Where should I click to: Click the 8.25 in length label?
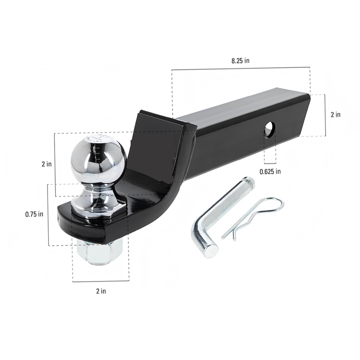[240, 61]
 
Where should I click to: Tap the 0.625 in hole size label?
[270, 171]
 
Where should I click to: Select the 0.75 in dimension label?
[34, 214]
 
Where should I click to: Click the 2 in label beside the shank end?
[335, 115]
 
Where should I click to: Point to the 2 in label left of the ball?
[46, 164]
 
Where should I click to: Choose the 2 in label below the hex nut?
[101, 291]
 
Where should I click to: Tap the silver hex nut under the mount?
[99, 252]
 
